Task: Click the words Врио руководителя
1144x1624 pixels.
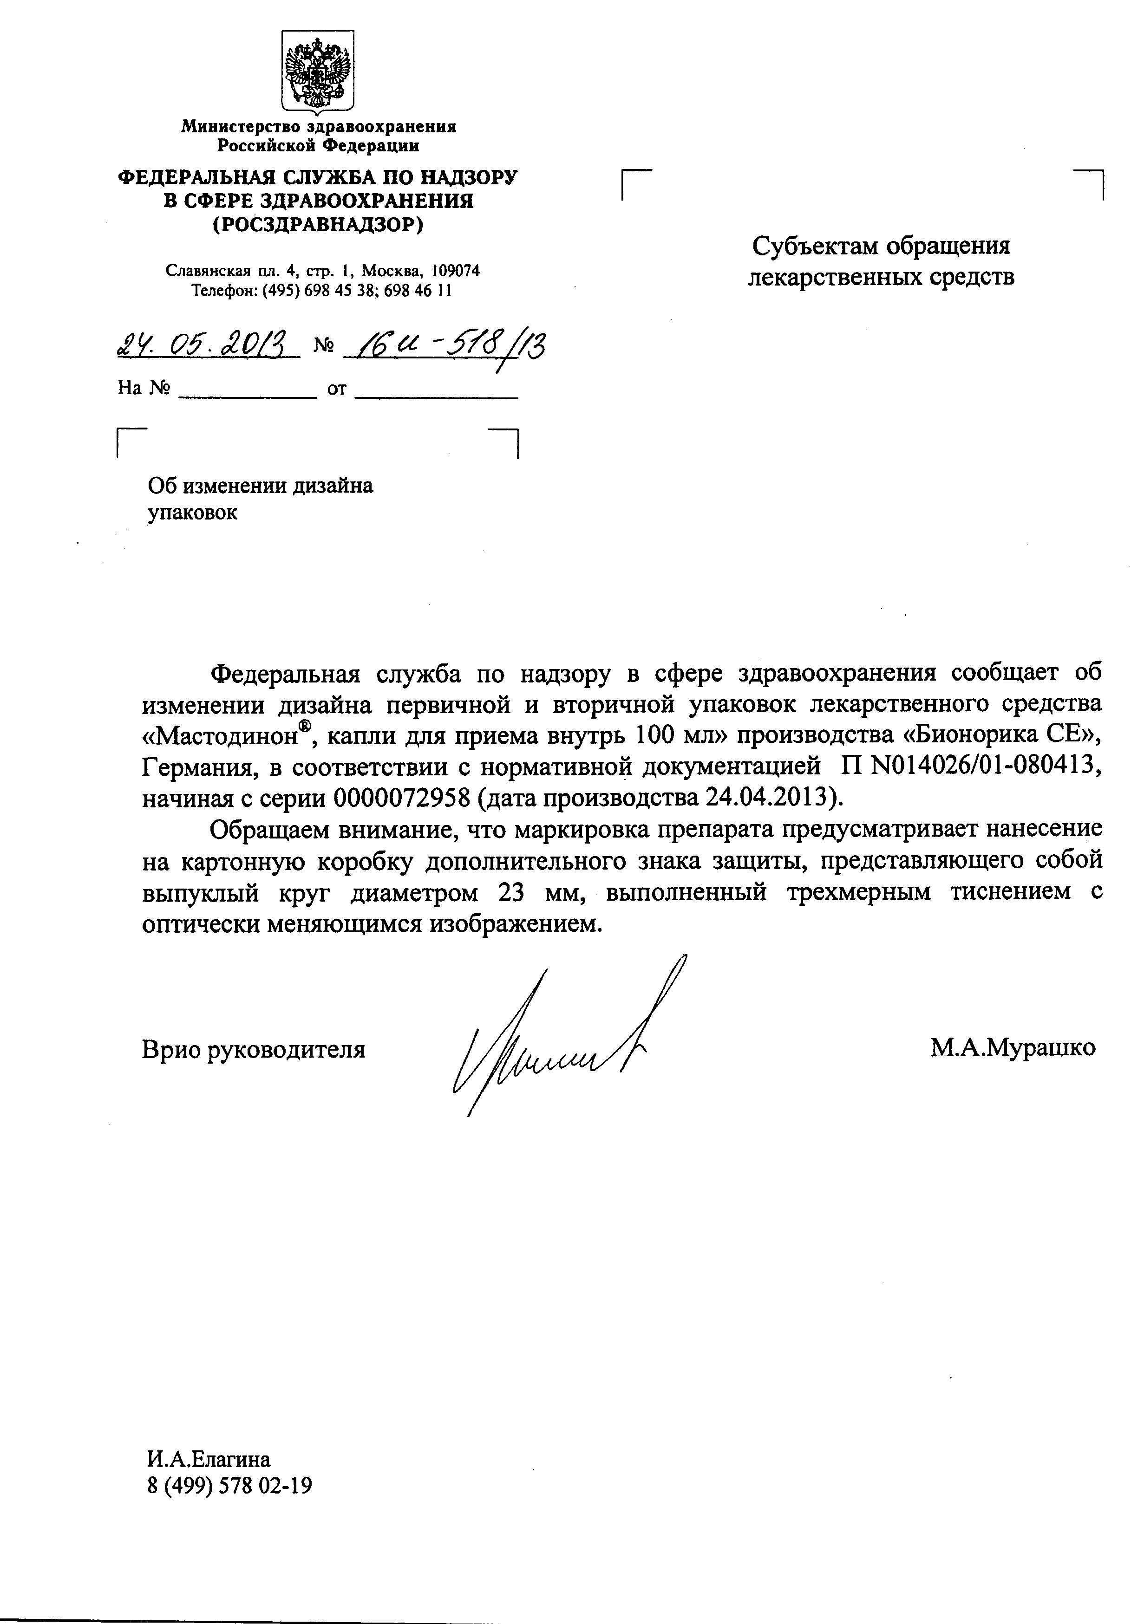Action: point(253,1049)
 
